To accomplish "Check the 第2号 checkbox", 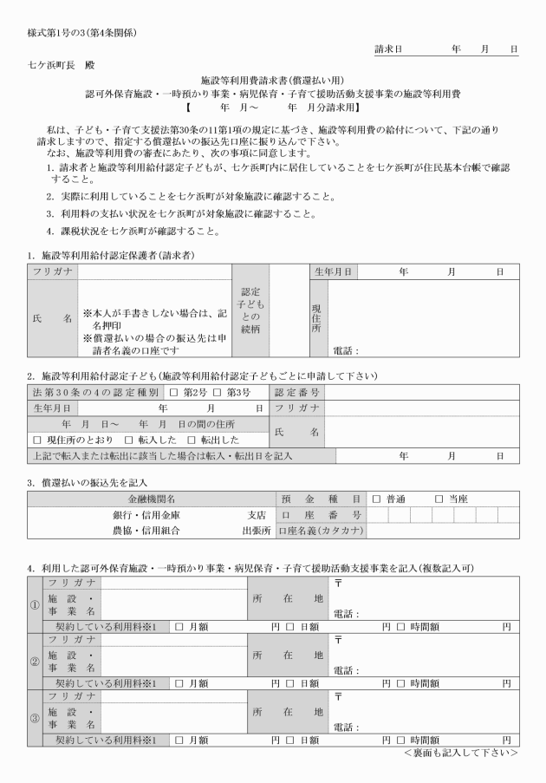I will pos(175,393).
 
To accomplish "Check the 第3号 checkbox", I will pos(218,393).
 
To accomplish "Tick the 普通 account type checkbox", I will pos(375,499).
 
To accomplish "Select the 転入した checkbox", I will pos(127,440).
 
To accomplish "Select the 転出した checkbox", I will pos(192,440).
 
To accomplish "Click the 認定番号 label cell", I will pos(297,393).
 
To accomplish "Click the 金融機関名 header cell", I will pos(152,499).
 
